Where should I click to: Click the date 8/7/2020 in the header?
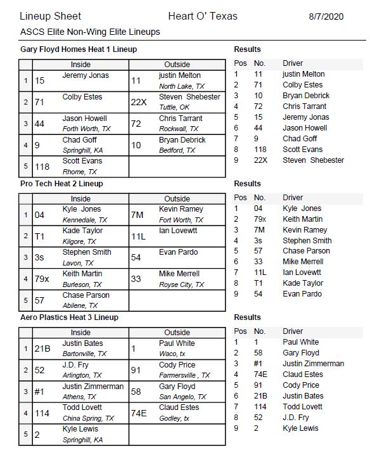(326, 16)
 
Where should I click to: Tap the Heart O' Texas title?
(203, 16)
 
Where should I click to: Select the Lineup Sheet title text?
(51, 16)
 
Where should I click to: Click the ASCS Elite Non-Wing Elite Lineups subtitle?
(90, 32)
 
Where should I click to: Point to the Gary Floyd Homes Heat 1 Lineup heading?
(79, 49)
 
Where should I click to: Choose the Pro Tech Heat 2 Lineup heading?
(61, 184)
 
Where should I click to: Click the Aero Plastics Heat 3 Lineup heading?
(69, 317)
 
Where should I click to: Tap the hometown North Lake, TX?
(181, 86)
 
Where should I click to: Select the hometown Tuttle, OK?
(174, 108)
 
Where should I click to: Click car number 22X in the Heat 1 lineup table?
(139, 102)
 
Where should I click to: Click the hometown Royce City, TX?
(181, 285)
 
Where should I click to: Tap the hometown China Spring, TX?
(88, 418)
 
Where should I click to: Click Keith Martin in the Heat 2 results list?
(302, 219)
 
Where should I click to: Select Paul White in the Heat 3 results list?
(301, 342)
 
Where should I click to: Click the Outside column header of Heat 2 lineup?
(177, 198)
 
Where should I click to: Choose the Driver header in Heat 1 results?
(293, 63)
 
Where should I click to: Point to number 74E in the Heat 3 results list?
(261, 374)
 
